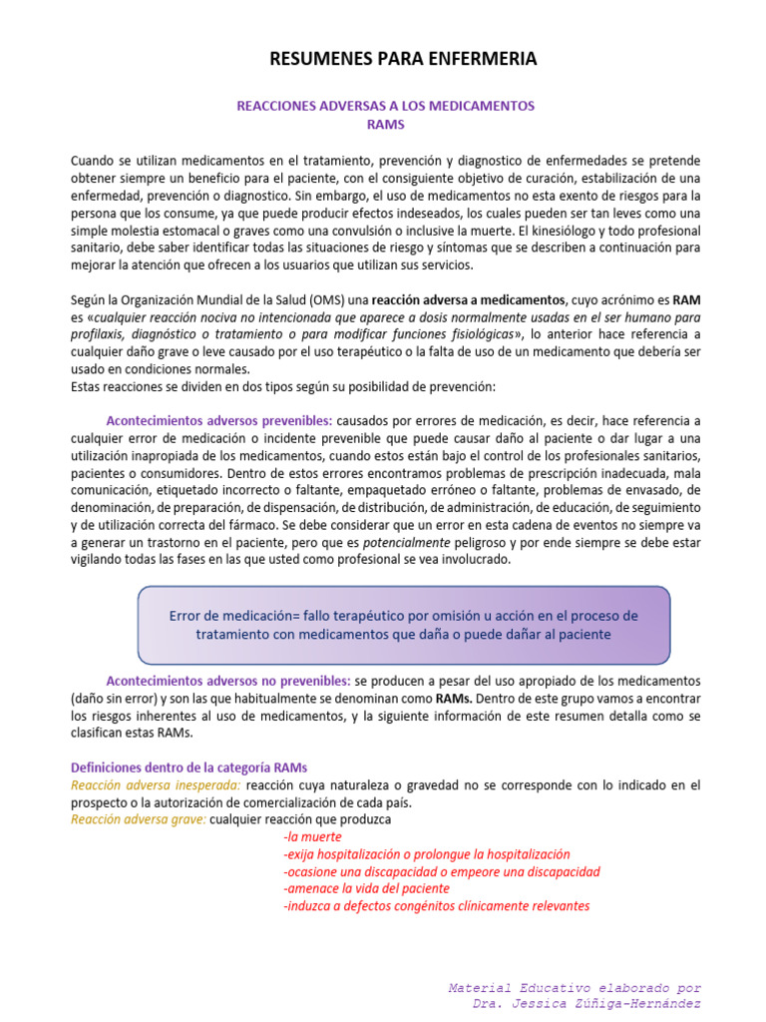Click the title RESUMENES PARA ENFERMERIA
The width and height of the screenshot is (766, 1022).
(x=403, y=60)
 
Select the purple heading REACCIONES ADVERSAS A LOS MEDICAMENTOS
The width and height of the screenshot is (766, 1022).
(x=385, y=106)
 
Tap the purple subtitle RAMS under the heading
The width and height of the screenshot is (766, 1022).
(x=385, y=125)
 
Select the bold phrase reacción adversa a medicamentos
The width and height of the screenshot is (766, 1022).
(x=467, y=298)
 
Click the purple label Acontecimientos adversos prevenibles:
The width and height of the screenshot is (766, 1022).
(x=219, y=420)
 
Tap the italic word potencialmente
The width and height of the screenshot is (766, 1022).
(x=405, y=543)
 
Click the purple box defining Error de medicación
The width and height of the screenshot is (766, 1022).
(x=404, y=625)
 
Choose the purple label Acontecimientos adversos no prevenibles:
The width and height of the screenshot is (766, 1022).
(x=228, y=682)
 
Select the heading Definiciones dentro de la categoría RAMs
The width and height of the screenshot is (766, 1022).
(x=190, y=767)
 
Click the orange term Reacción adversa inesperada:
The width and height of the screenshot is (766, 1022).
(x=156, y=785)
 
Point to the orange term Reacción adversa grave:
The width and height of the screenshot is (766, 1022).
(x=139, y=819)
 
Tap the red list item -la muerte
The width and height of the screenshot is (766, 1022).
(x=313, y=837)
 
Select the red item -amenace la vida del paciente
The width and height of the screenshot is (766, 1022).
(x=366, y=888)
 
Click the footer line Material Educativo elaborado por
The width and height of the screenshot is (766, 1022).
(x=574, y=987)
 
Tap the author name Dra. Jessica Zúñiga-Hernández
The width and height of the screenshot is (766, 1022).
(x=586, y=1003)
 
